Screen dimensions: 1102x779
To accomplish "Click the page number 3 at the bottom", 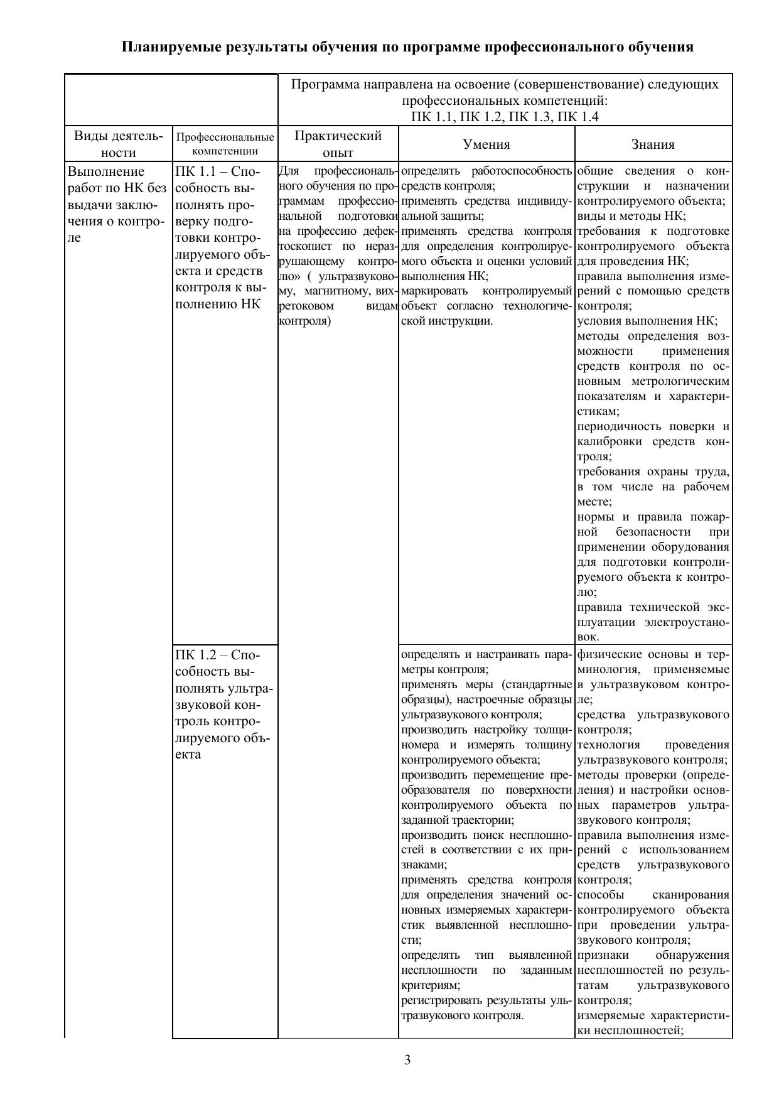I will [x=407, y=1061].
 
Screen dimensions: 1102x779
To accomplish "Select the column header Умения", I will [x=486, y=144].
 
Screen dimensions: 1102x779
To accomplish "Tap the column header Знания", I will [x=653, y=144].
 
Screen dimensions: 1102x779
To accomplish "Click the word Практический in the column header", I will [x=338, y=136].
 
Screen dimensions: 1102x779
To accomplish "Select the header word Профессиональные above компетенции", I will [x=225, y=137].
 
